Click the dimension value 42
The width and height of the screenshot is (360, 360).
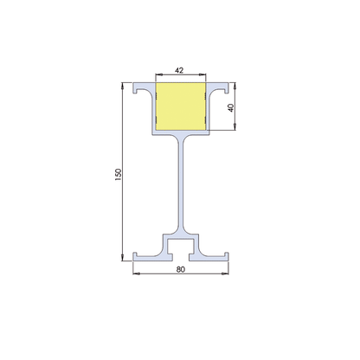180,68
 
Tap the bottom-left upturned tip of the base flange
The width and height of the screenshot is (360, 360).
136,254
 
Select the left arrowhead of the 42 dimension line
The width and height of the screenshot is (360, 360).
157,74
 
